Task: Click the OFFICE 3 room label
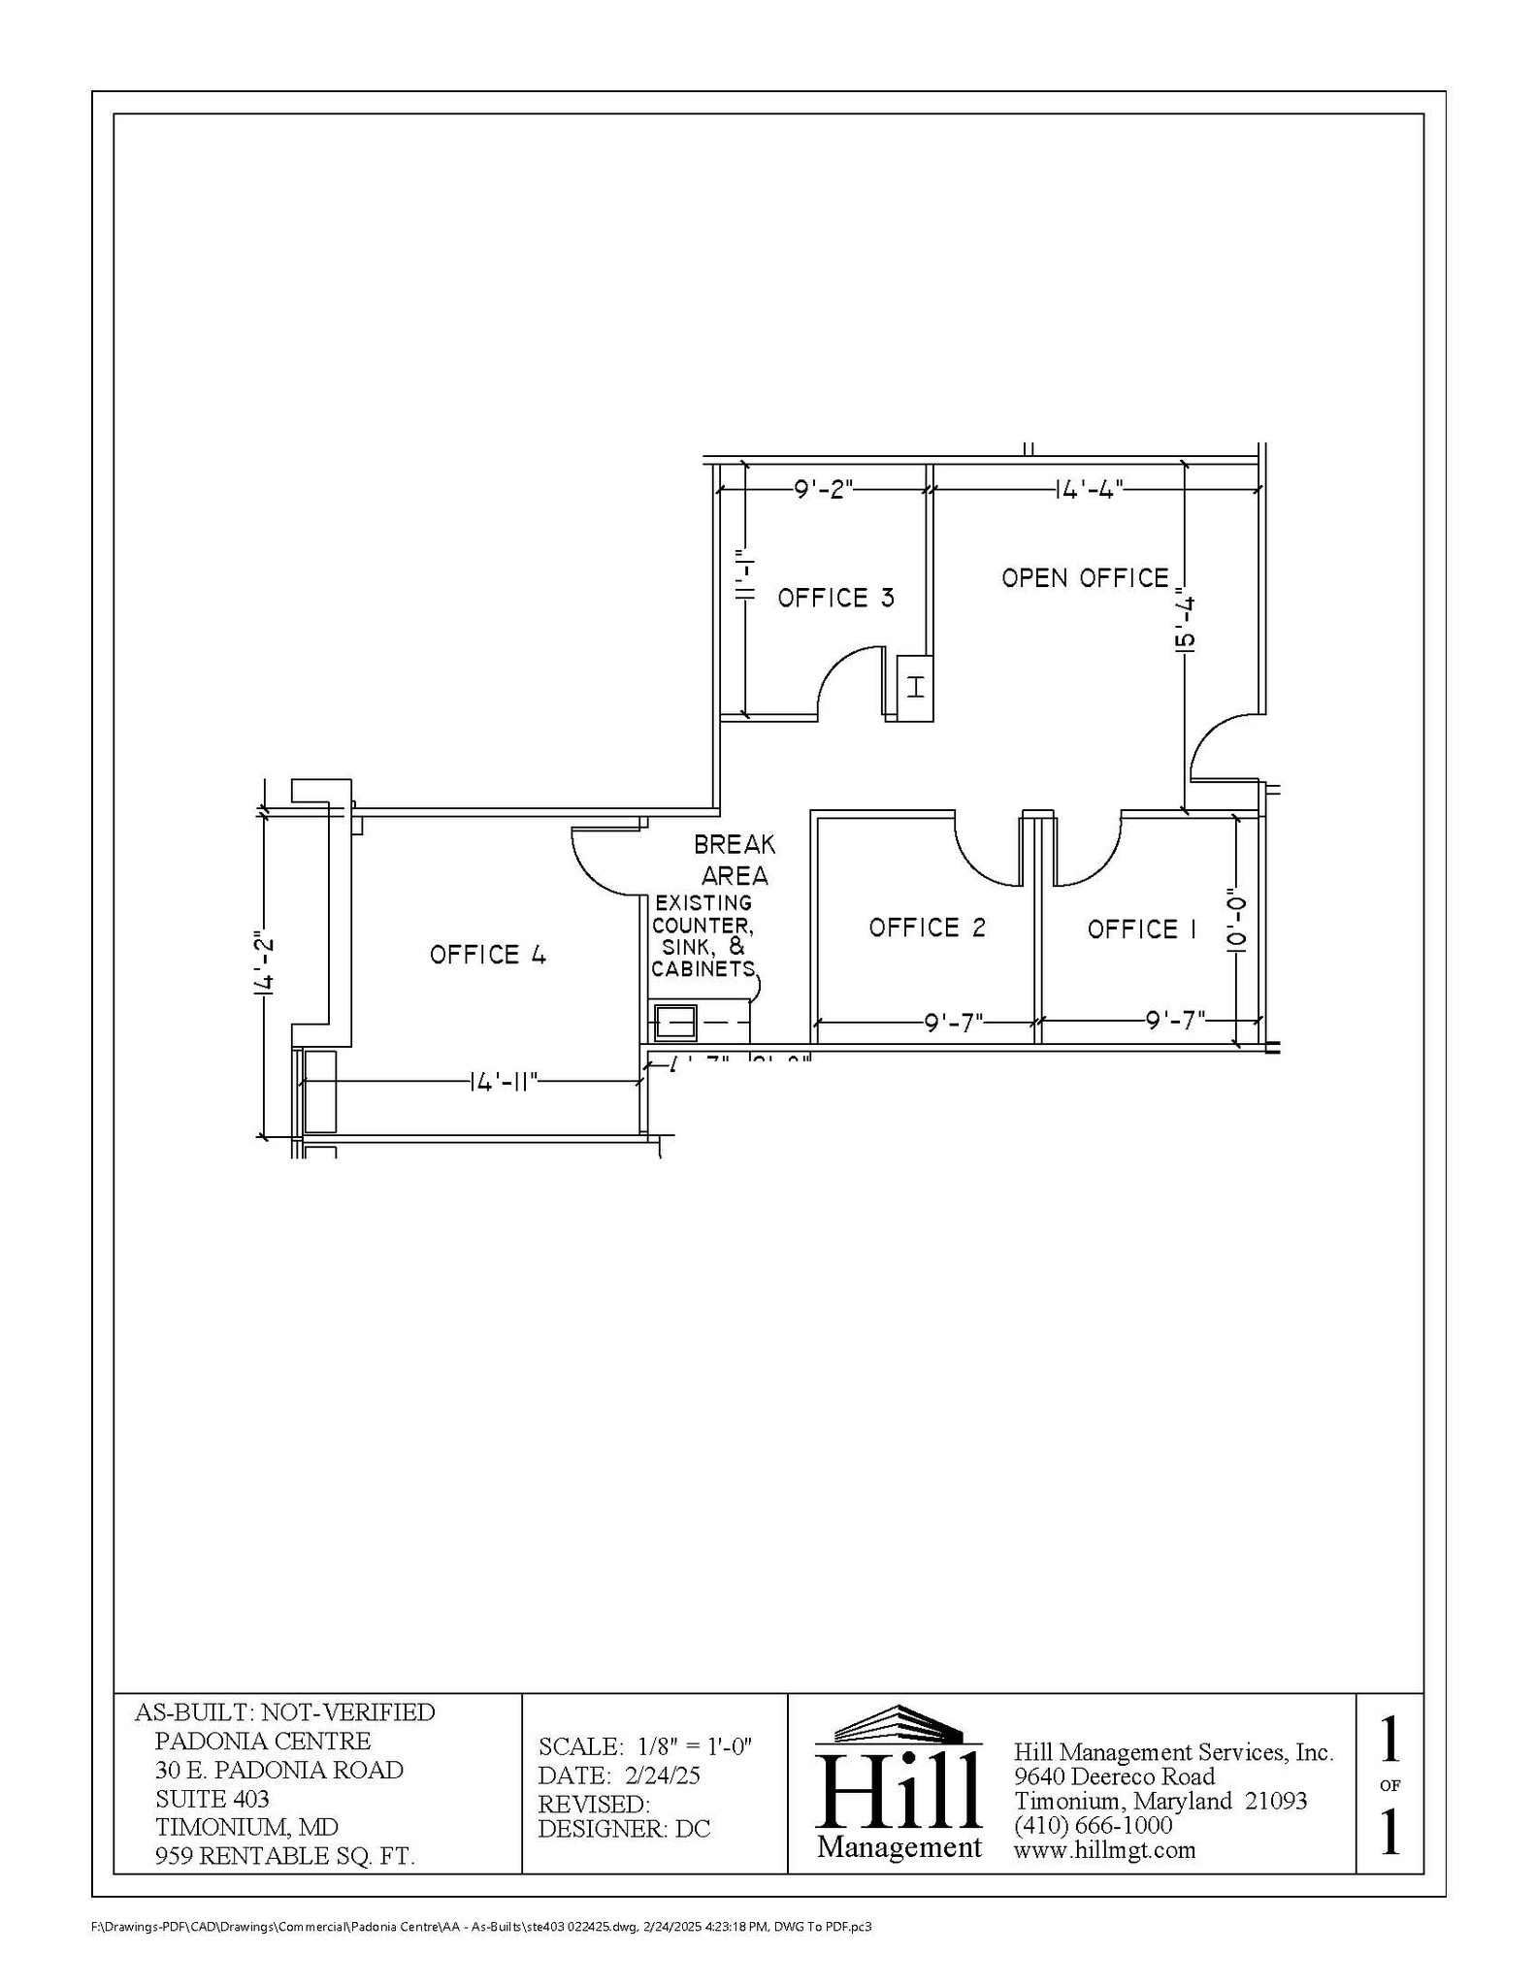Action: [835, 598]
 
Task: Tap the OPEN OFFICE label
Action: [1085, 578]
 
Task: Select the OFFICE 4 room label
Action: [488, 955]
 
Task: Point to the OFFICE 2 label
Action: [927, 928]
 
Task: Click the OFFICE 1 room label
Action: [1141, 929]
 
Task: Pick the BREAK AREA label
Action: [735, 860]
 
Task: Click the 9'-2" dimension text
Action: [823, 489]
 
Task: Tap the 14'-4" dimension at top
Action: [1089, 489]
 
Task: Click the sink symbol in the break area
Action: [675, 1022]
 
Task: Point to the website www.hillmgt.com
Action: [1104, 1849]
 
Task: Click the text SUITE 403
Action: [212, 1799]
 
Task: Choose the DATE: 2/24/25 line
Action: [619, 1775]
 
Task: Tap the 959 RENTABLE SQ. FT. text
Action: [285, 1856]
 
